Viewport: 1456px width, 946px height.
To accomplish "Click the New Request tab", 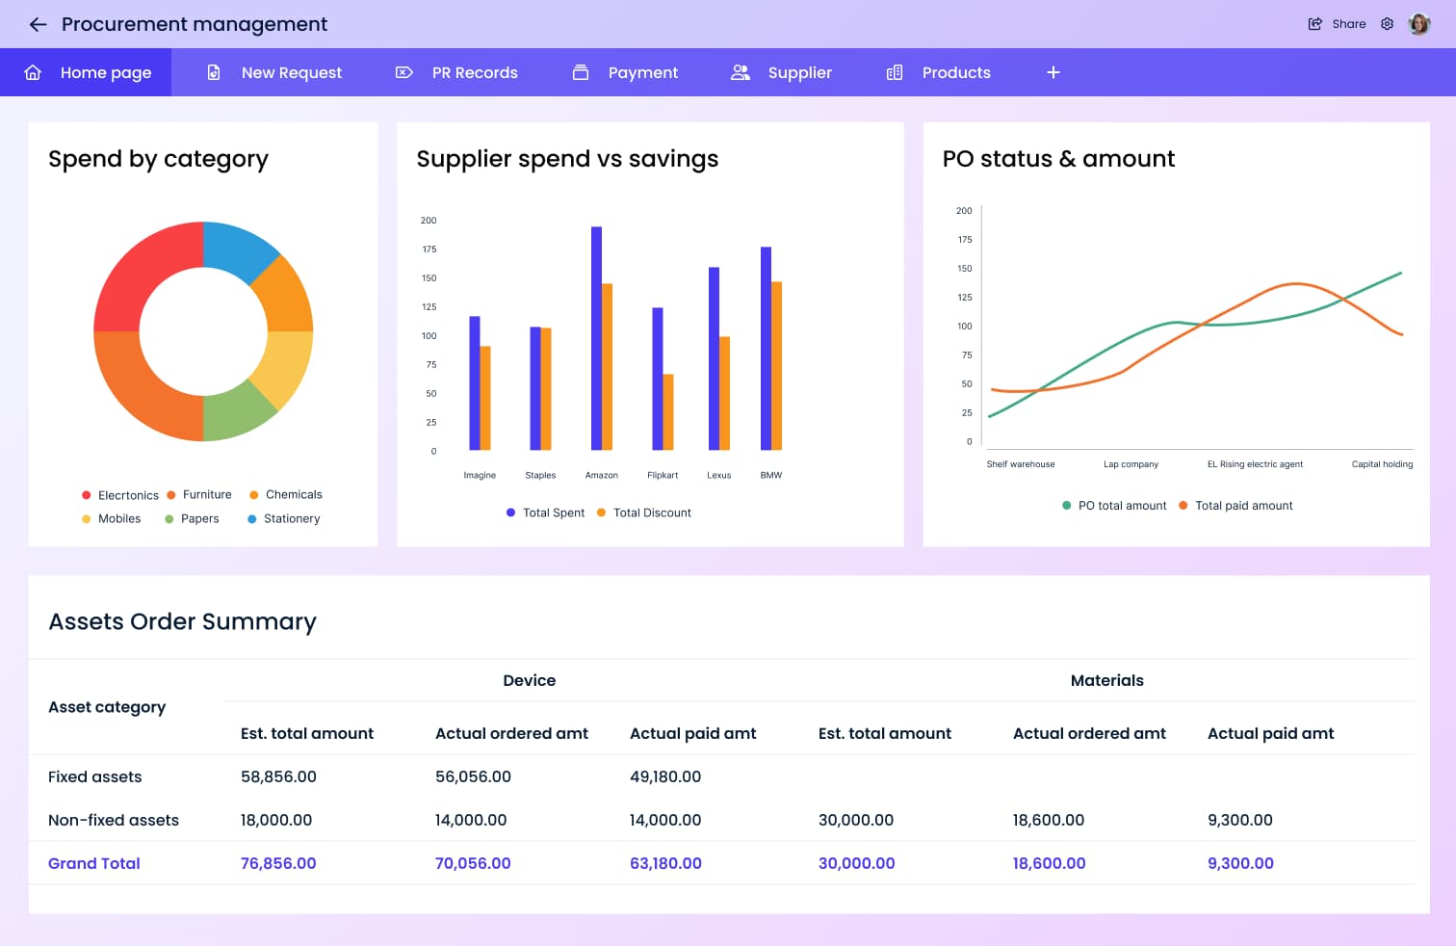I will coord(291,73).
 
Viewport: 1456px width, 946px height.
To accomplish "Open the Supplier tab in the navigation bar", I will coord(799,73).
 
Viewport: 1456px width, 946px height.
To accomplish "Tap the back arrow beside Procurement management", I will coord(39,25).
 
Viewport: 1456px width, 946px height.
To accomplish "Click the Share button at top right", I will coord(1337,24).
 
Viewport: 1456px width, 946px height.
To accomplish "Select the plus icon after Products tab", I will coord(1053,73).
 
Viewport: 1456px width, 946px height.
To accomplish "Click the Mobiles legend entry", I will coord(118,519).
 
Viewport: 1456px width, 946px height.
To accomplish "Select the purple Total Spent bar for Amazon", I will coord(596,337).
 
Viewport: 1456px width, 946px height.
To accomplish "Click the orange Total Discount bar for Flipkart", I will coord(668,412).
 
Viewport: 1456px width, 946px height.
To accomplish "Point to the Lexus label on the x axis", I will coord(719,476).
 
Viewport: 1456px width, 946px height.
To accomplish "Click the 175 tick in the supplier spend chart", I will coord(429,250).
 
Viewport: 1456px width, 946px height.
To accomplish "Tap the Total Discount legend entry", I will coord(652,513).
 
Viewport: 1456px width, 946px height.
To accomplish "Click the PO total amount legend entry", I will coord(1122,506).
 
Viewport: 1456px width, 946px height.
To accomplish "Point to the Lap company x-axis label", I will coord(1131,464).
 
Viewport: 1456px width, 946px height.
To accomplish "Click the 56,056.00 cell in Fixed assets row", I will coord(473,776).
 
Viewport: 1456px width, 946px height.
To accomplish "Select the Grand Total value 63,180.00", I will coord(665,863).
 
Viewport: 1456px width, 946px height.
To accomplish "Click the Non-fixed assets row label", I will coord(114,821).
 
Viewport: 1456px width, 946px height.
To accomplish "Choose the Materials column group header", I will coord(1106,680).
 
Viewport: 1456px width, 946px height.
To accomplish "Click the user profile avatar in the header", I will coord(1418,24).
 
